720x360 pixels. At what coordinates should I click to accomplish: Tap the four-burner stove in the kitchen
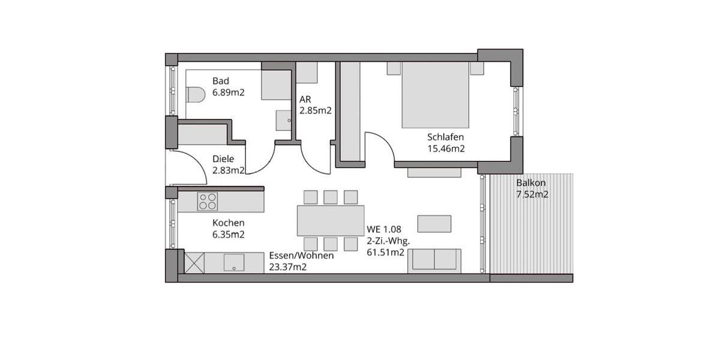[x=208, y=202]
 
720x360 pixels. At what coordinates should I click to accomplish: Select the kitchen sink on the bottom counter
[x=233, y=262]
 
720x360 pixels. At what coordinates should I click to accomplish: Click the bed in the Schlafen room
[x=435, y=95]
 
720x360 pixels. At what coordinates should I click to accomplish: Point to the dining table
[x=330, y=220]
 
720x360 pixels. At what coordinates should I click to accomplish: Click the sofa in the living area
[x=434, y=260]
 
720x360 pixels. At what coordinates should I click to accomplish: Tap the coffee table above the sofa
[x=434, y=223]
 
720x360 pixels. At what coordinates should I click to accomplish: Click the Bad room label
[x=221, y=81]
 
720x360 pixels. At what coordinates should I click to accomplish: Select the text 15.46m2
[x=446, y=148]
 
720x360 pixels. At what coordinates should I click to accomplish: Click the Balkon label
[x=531, y=182]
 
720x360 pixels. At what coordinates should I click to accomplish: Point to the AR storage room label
[x=305, y=99]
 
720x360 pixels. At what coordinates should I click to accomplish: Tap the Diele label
[x=223, y=159]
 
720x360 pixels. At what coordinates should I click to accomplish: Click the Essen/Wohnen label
[x=301, y=255]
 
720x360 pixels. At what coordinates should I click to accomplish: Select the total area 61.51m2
[x=385, y=252]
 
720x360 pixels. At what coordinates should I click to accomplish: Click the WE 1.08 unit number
[x=383, y=229]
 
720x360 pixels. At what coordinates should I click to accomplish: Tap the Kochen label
[x=228, y=223]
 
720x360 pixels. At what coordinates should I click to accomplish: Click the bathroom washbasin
[x=283, y=119]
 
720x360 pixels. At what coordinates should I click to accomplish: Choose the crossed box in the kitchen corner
[x=194, y=262]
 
